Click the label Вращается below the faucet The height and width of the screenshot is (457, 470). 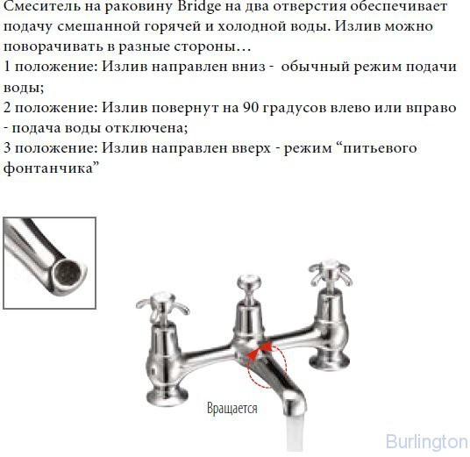231,408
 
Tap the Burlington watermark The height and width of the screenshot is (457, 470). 426,441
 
